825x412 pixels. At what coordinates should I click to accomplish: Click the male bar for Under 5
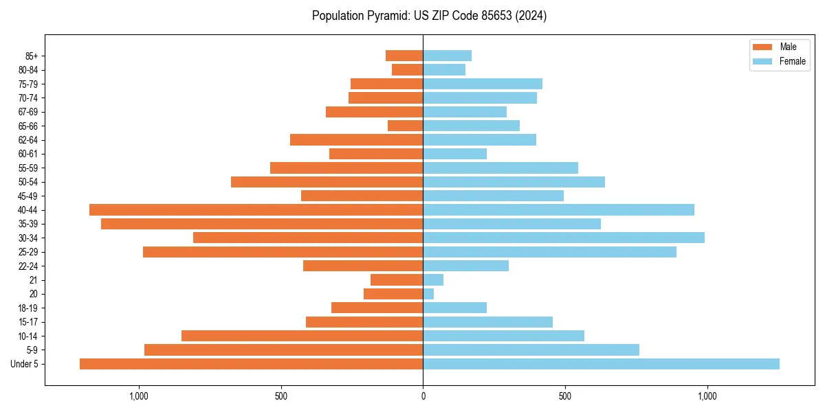[251, 364]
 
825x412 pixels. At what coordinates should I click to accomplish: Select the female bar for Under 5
[601, 364]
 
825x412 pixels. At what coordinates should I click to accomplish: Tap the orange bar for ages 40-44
[256, 210]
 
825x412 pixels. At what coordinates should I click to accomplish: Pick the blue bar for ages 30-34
[564, 238]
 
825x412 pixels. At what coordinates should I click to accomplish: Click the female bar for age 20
[428, 294]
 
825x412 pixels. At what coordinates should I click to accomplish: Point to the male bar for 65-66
[405, 126]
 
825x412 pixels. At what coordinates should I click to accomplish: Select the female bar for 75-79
[483, 84]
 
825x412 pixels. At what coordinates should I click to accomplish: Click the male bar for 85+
[404, 56]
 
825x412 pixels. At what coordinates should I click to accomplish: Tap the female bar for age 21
[433, 280]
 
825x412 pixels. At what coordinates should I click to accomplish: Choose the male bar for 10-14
[302, 336]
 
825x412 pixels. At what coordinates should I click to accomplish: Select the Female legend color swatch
[763, 61]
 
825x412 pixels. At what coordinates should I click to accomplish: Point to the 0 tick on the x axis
[423, 396]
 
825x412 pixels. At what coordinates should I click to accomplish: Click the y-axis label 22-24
[28, 266]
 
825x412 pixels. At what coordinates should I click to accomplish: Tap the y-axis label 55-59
[28, 168]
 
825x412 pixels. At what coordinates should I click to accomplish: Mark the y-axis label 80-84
[28, 70]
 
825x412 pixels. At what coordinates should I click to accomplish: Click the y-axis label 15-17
[28, 322]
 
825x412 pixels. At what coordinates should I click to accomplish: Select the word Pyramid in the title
[386, 16]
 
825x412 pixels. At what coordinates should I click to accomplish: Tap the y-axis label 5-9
[32, 350]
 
